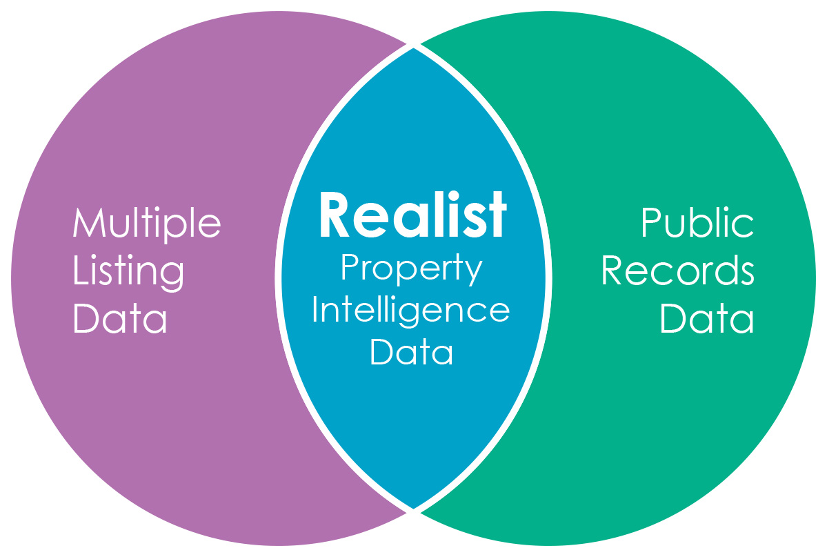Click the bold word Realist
412,215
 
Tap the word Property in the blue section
412,269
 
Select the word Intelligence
411,311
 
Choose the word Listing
129,272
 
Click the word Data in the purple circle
120,318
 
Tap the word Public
697,222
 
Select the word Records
678,271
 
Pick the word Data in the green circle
707,318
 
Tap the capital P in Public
650,223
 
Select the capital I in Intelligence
316,311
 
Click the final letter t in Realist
497,215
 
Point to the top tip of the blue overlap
414,47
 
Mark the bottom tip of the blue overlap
414,509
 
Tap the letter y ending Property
475,272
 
